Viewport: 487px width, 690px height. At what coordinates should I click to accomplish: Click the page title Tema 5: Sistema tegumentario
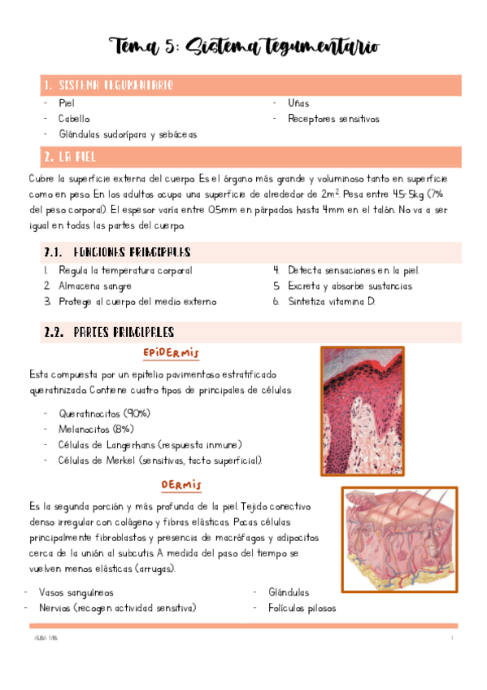(x=244, y=46)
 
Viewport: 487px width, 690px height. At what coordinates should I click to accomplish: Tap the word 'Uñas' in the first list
(x=298, y=103)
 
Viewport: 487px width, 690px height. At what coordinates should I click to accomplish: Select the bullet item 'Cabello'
(x=75, y=119)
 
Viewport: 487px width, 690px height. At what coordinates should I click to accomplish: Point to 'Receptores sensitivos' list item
(x=333, y=119)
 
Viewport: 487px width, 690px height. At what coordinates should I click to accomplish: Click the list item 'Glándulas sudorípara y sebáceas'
(x=127, y=133)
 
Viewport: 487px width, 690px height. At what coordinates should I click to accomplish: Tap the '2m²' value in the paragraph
(x=331, y=194)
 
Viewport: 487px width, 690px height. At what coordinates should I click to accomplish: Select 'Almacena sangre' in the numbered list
(x=94, y=286)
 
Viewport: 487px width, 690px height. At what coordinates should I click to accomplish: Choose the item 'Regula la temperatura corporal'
(x=125, y=270)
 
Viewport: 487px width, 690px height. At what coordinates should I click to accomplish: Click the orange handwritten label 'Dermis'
(x=180, y=485)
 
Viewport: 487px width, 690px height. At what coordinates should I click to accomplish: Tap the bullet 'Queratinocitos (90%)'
(x=104, y=413)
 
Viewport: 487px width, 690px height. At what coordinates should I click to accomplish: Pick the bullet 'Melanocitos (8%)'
(x=96, y=429)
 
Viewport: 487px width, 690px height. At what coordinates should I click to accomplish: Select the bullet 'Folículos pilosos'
(x=302, y=608)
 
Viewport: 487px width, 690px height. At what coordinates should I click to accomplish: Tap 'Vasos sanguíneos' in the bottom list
(x=76, y=592)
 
